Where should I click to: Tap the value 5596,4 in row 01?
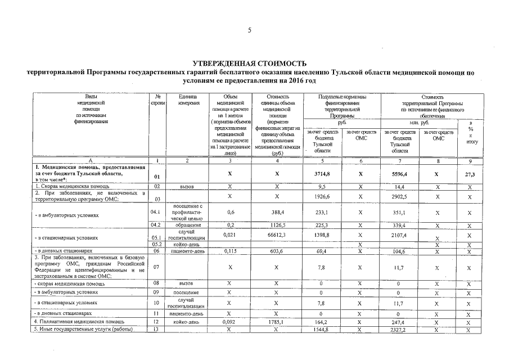tap(400, 174)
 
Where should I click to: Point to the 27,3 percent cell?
tap(470, 174)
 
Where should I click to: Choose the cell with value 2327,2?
tap(400, 329)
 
